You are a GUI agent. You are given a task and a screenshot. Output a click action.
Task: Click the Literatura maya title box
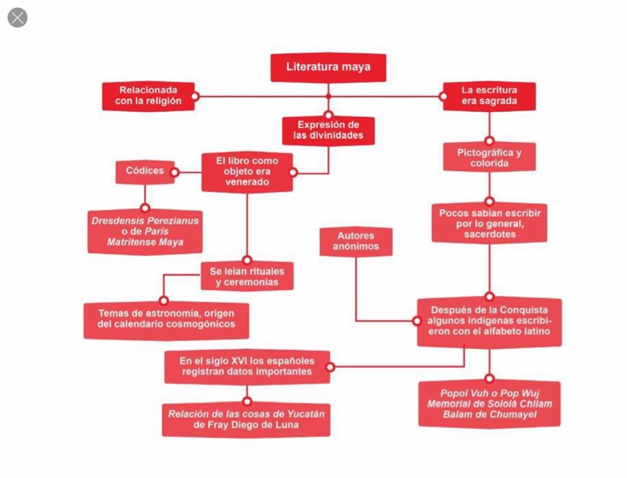328,68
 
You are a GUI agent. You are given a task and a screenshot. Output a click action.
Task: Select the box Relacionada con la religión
148,96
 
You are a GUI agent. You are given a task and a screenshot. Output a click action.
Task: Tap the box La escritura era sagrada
489,96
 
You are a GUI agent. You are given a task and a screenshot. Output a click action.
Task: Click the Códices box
145,171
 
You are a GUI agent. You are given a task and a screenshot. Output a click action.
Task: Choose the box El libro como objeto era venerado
247,172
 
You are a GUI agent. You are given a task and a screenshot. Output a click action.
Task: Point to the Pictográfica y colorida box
489,157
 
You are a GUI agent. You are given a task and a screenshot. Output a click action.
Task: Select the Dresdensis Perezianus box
145,231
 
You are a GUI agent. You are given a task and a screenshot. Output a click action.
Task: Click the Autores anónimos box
355,241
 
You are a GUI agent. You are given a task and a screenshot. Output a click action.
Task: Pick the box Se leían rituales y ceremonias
247,276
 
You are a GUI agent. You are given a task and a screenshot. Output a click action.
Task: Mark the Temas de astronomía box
166,319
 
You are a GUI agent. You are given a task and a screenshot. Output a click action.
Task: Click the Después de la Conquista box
489,321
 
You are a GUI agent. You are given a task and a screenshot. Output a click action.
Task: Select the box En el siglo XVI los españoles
247,367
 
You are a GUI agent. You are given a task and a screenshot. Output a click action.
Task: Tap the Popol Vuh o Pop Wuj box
489,404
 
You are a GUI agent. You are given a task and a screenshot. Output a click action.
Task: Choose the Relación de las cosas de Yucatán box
247,419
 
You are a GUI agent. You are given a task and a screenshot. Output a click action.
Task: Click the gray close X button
18,18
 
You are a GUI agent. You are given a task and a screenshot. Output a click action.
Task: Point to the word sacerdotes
489,235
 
